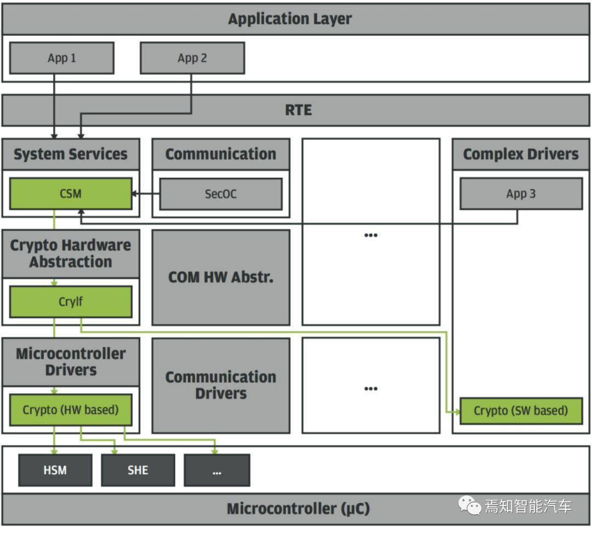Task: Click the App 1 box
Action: coord(62,58)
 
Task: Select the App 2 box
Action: coord(192,58)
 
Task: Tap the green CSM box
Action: coord(71,194)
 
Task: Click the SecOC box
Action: coord(221,194)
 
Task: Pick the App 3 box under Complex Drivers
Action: coord(521,194)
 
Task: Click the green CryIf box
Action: coord(71,302)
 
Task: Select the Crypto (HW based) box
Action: coord(71,410)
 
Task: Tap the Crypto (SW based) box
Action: coord(521,411)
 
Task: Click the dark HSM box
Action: coord(55,470)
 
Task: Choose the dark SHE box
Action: coord(138,470)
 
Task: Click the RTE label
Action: coord(298,110)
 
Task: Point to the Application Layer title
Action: coord(290,19)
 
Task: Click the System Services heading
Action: coord(71,154)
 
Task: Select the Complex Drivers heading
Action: coord(521,154)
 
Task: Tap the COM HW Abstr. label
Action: coord(221,277)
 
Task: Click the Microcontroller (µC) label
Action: coord(298,508)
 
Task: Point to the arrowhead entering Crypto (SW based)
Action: coord(457,411)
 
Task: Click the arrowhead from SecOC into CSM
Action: coord(134,194)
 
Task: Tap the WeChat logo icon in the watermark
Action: coord(469,506)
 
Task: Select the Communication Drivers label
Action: coord(221,385)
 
